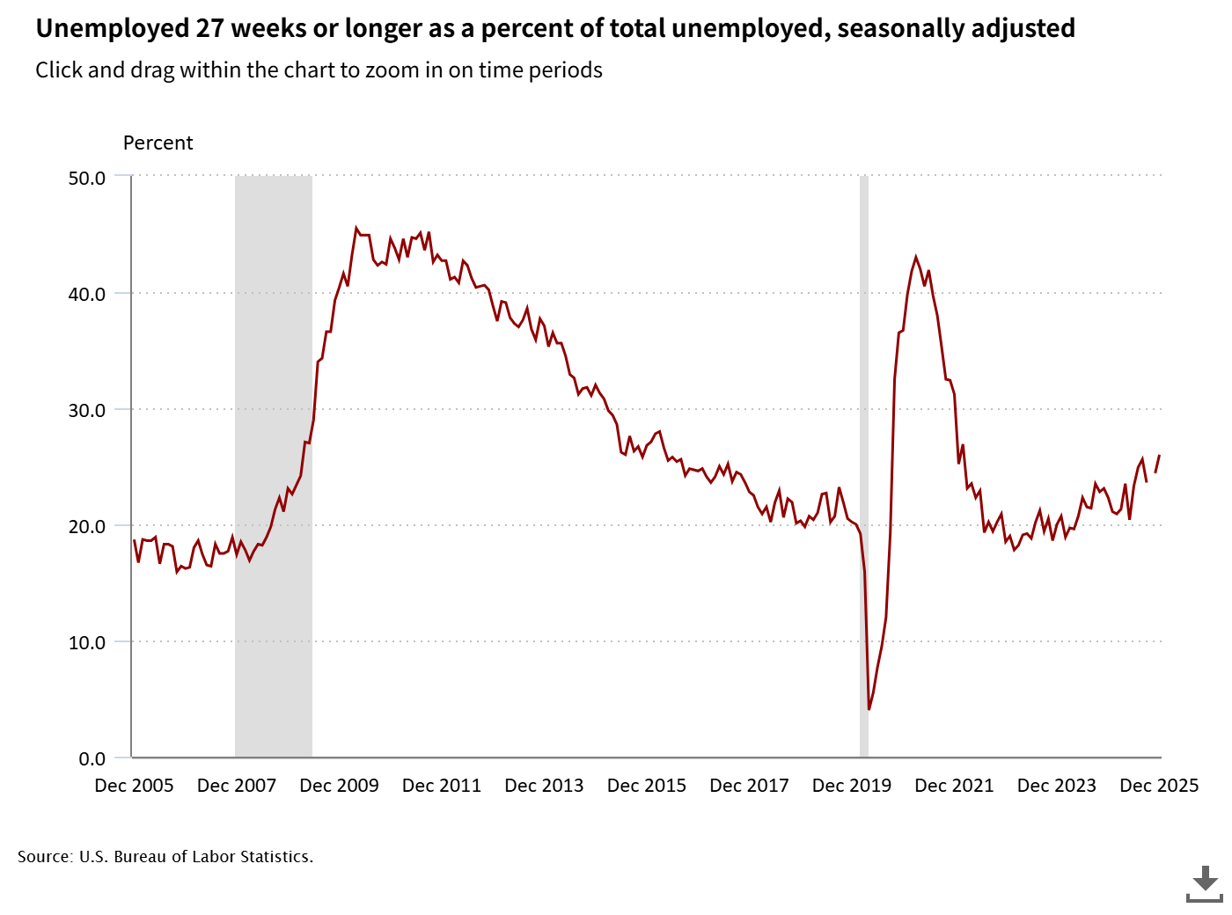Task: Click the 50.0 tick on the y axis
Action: click(x=86, y=178)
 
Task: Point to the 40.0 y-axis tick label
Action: click(x=86, y=294)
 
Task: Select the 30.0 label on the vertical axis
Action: click(x=86, y=410)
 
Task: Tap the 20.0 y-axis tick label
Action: click(x=86, y=526)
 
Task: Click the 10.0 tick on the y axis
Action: click(x=86, y=642)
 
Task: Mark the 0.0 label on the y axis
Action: click(x=92, y=758)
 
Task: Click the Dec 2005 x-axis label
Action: click(x=134, y=786)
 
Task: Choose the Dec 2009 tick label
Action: click(x=339, y=786)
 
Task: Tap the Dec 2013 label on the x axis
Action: click(x=544, y=786)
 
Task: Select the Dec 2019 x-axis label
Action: click(x=851, y=786)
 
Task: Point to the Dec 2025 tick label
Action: click(x=1158, y=786)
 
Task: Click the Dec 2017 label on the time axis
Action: click(x=749, y=786)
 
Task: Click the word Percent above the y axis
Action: click(x=158, y=143)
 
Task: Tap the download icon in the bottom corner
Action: click(x=1204, y=883)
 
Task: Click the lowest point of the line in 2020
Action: click(x=869, y=709)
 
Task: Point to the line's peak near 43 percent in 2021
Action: click(x=916, y=257)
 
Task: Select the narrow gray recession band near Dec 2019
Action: click(x=864, y=466)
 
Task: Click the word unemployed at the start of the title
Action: click(x=96, y=28)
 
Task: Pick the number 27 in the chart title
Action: click(x=209, y=28)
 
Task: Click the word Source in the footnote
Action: click(x=44, y=856)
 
